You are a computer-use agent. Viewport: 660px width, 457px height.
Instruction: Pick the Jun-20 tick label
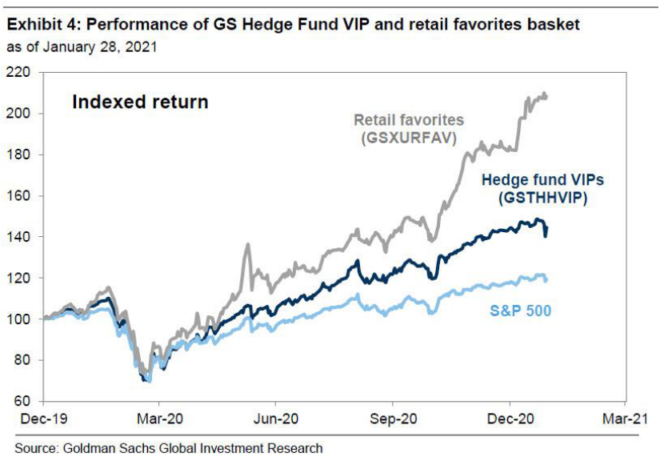(276, 419)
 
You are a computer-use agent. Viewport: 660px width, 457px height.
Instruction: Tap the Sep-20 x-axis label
(393, 419)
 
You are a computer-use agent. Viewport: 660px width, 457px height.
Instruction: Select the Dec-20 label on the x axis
(510, 419)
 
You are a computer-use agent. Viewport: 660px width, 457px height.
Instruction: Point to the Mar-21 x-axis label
(626, 419)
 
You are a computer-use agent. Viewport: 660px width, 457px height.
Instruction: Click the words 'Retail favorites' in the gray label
(409, 120)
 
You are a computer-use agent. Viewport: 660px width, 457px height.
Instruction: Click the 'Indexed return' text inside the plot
(140, 102)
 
